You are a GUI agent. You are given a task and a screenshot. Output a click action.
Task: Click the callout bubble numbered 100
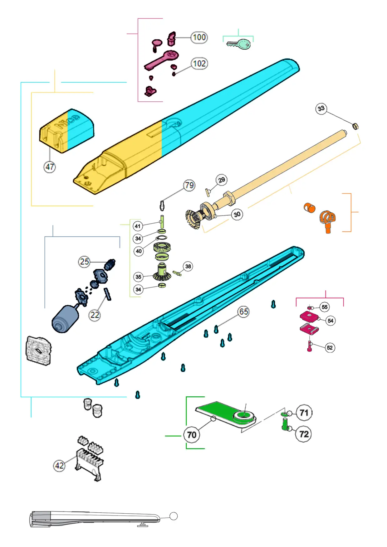[199, 37]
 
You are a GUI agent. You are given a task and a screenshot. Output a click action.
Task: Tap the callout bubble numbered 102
[199, 64]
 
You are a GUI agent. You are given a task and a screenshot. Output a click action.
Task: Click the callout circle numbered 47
[50, 167]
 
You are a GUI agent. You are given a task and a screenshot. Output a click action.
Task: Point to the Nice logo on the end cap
[67, 122]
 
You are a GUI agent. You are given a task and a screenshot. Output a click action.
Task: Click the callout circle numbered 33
[321, 109]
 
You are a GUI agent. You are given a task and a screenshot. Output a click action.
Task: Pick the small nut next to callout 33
[355, 126]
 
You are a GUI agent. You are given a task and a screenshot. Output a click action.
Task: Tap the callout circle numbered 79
[189, 185]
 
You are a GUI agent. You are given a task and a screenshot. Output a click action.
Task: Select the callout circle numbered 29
[221, 180]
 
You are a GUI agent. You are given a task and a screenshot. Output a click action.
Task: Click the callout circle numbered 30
[237, 214]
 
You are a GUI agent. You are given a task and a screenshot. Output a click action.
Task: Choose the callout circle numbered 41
[138, 226]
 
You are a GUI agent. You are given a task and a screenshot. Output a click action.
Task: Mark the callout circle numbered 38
[188, 266]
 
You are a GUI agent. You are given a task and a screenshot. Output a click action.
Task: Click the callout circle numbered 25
[84, 262]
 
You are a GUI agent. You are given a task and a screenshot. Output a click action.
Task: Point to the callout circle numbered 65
[243, 312]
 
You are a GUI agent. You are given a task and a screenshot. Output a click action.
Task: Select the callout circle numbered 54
[330, 321]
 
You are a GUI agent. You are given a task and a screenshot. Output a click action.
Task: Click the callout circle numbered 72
[304, 434]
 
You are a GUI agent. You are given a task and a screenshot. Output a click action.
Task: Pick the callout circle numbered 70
[191, 435]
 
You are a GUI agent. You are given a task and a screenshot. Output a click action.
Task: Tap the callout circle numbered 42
[59, 466]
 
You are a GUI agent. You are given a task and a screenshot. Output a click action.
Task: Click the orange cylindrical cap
[310, 208]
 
